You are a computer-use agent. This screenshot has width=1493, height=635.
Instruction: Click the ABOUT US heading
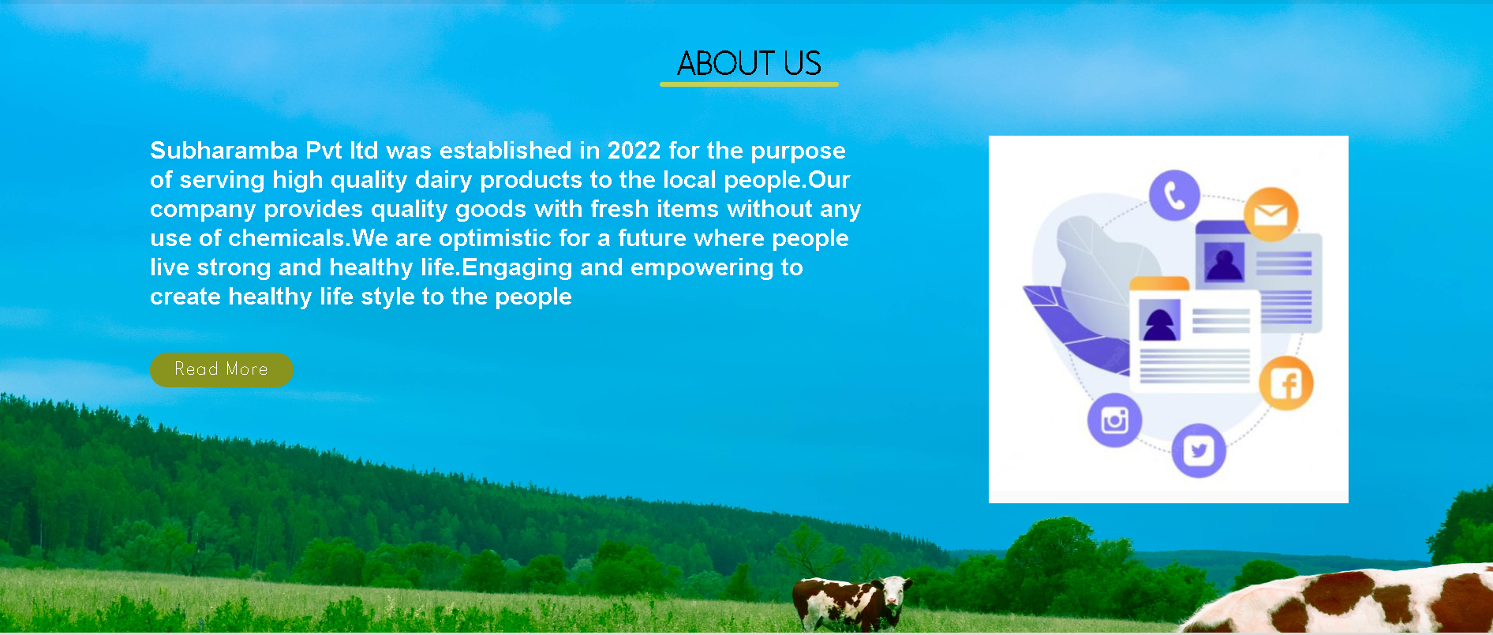tap(749, 63)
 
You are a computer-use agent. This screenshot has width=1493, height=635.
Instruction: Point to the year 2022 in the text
tap(634, 150)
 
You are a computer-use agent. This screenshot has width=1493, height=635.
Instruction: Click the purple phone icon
tap(1174, 195)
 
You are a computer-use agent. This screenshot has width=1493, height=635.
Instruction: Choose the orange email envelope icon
tap(1270, 214)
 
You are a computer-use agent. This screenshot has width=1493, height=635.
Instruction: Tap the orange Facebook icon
tap(1286, 384)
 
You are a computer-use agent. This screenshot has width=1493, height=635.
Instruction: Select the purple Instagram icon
tap(1114, 420)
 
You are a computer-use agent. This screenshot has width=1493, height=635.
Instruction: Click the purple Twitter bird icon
tap(1199, 450)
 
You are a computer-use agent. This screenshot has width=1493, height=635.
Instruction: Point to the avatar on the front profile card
tap(1160, 319)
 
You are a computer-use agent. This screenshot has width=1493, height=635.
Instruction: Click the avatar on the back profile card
tap(1225, 261)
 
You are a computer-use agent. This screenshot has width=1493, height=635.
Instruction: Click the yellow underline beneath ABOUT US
tap(749, 84)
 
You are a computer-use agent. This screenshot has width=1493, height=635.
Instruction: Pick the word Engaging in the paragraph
tap(517, 267)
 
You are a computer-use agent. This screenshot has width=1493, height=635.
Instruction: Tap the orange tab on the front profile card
tap(1159, 283)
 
